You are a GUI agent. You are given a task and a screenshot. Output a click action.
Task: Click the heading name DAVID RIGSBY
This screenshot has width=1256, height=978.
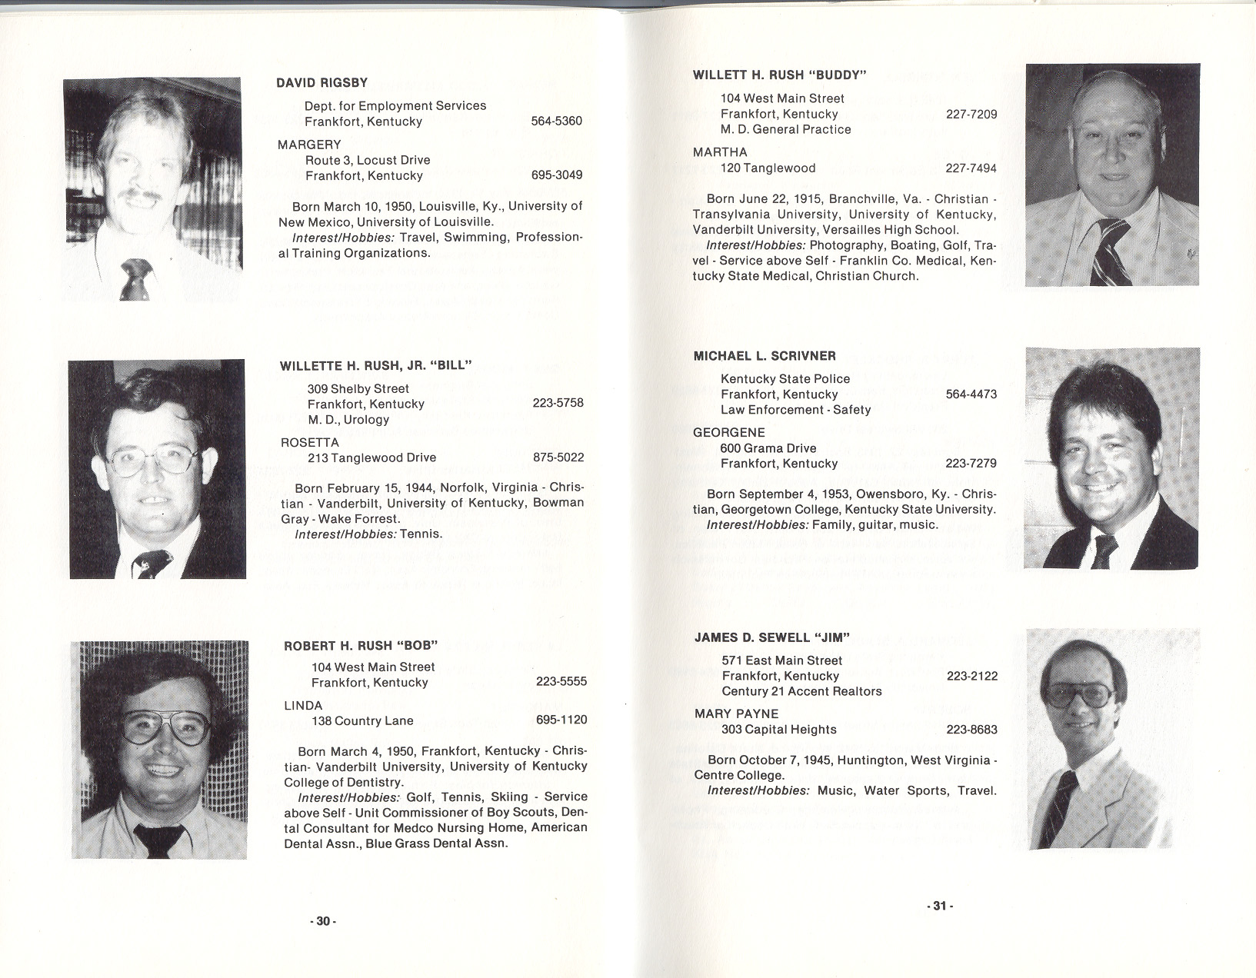321,82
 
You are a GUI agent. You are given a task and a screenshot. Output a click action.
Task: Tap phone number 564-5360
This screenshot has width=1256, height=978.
556,121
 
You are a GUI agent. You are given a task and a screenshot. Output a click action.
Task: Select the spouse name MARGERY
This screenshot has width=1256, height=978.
309,145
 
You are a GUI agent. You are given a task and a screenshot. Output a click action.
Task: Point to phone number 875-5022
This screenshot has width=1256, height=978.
558,457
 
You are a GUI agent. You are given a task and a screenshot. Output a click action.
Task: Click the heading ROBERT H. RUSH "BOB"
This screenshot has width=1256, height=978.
361,646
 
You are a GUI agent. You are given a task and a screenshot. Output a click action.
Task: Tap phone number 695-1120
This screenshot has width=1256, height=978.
561,720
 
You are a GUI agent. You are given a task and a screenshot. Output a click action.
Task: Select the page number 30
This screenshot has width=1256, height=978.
323,921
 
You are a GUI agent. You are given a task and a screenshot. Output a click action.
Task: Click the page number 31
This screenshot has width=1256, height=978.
938,906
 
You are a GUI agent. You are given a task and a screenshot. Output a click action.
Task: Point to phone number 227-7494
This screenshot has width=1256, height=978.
971,168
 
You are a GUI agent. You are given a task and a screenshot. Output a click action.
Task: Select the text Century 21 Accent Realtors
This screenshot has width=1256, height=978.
801,691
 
